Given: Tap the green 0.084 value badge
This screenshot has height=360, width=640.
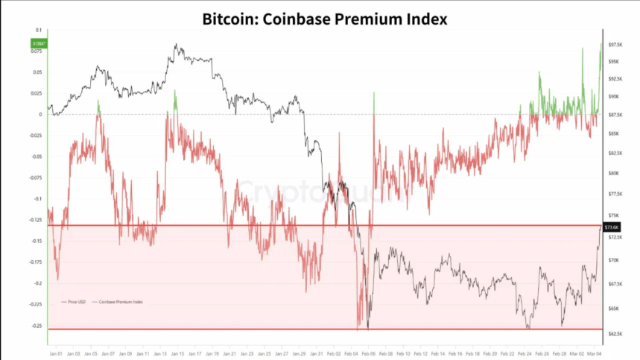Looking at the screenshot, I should [x=37, y=44].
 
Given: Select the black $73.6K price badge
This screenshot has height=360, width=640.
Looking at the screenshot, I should [x=611, y=227].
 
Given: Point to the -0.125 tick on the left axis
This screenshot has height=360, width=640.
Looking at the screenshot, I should [x=36, y=220].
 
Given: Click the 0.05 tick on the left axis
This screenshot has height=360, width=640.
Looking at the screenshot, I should [x=38, y=72].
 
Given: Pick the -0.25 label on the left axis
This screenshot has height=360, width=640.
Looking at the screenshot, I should [x=37, y=326].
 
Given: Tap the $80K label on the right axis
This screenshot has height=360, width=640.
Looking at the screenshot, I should [x=614, y=173].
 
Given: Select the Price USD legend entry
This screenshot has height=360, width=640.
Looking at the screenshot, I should [x=77, y=302].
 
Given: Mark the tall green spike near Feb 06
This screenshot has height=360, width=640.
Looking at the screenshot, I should [x=373, y=101].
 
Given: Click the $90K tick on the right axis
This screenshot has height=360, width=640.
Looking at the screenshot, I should [x=614, y=96].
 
